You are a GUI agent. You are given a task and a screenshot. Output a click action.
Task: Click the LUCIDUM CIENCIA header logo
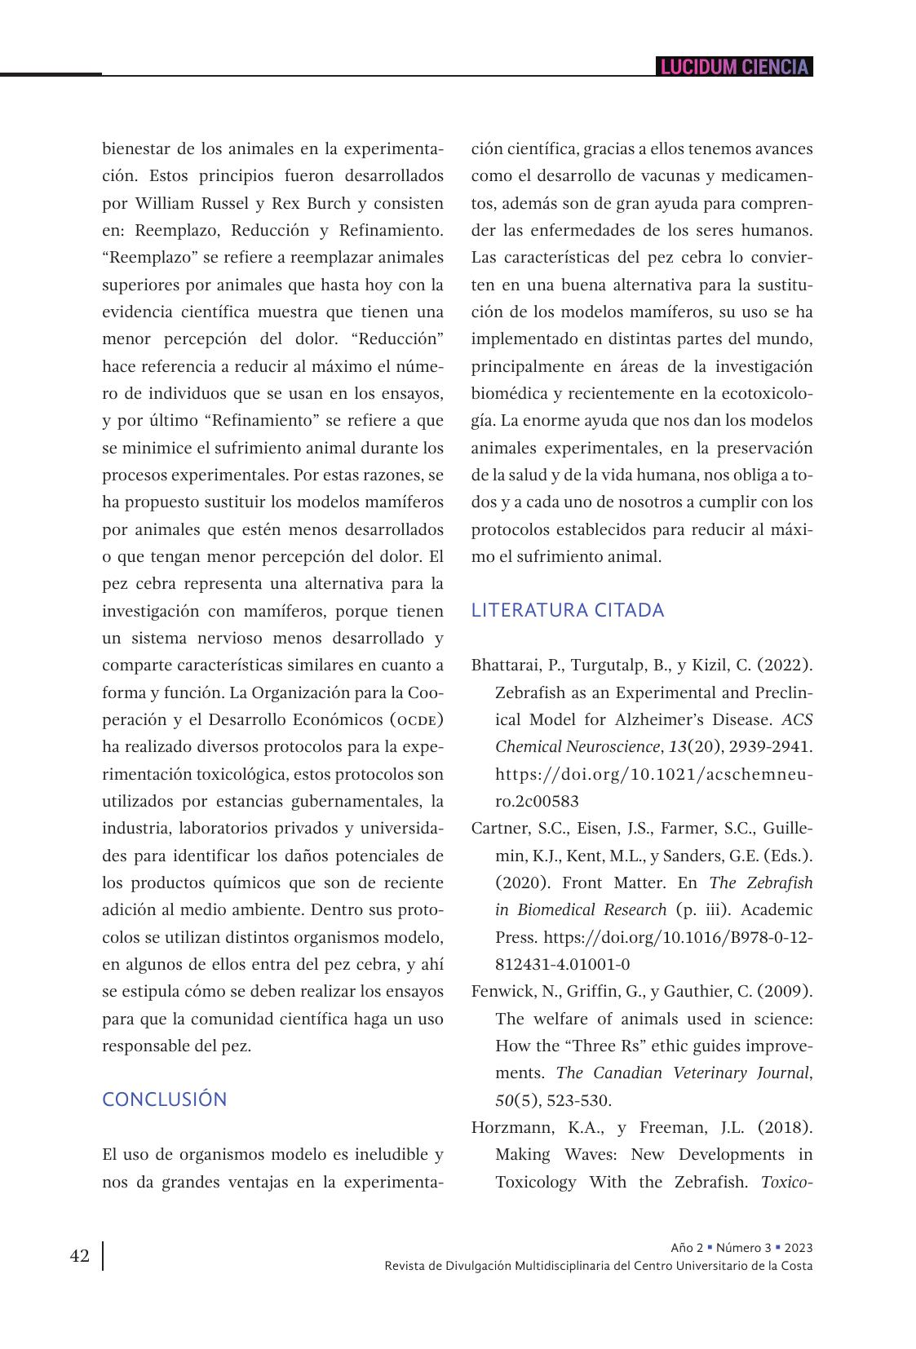coord(734,67)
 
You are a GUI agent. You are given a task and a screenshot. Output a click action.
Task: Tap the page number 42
coord(80,1256)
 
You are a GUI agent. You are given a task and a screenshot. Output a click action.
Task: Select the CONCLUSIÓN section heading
coord(164,1099)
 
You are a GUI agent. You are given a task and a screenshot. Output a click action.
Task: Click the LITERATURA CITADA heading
coord(568,610)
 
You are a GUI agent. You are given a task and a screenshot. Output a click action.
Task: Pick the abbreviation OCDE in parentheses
coord(416,720)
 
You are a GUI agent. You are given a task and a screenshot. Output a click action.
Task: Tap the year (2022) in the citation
coord(785,665)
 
